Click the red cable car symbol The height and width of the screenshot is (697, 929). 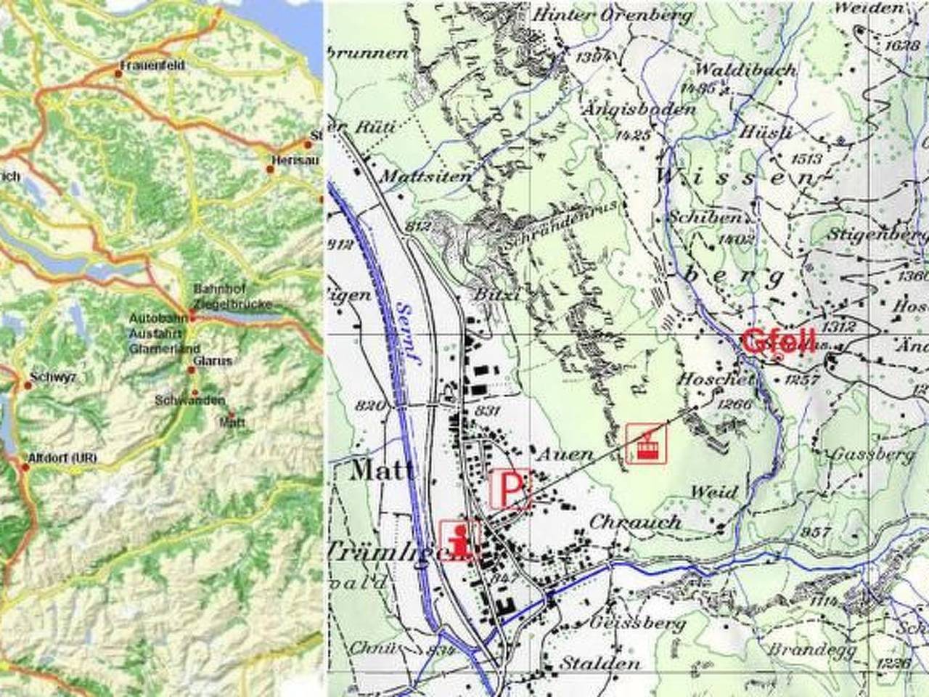pyautogui.click(x=646, y=443)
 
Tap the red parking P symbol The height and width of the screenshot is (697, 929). pyautogui.click(x=511, y=489)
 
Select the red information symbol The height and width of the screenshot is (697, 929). pyautogui.click(x=459, y=541)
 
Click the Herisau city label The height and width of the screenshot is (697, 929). pyautogui.click(x=294, y=160)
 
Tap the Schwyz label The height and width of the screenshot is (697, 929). pyautogui.click(x=53, y=378)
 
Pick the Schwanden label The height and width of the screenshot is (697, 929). pyautogui.click(x=190, y=400)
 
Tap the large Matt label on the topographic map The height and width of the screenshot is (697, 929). pyautogui.click(x=382, y=470)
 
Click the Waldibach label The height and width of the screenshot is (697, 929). pyautogui.click(x=745, y=70)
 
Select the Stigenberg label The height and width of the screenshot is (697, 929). pyautogui.click(x=877, y=235)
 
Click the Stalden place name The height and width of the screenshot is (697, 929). pyautogui.click(x=600, y=663)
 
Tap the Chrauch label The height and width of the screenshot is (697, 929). pyautogui.click(x=635, y=522)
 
